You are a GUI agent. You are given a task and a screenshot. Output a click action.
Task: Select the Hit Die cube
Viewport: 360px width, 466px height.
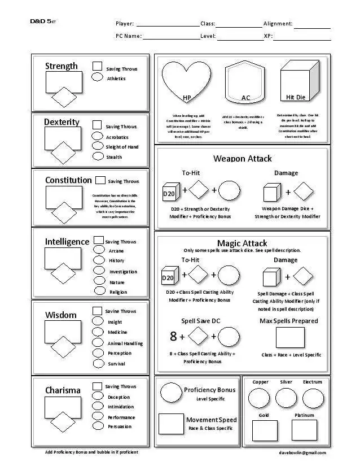[x=296, y=82]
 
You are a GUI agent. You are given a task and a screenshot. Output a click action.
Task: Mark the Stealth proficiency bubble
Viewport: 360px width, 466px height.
[x=98, y=156]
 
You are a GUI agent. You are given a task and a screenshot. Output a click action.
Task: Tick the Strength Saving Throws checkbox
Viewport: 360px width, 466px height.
[x=97, y=67]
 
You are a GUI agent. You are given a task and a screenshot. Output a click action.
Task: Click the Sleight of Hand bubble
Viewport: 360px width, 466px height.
[x=98, y=146]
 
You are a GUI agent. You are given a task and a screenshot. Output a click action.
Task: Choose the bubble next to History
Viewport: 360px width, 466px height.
[x=99, y=260]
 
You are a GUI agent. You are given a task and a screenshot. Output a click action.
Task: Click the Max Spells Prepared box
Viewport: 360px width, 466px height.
[x=290, y=338]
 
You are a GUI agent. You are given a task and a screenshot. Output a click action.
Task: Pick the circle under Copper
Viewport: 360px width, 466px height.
[x=260, y=398]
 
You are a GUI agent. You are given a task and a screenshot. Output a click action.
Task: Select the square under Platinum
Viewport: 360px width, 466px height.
[x=304, y=431]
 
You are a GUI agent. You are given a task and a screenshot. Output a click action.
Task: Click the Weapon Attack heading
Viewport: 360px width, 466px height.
[x=242, y=159]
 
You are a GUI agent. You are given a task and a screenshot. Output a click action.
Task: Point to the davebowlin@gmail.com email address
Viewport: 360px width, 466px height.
[x=302, y=452]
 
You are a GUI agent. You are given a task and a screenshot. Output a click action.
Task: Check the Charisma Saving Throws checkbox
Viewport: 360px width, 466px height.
[x=97, y=386]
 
